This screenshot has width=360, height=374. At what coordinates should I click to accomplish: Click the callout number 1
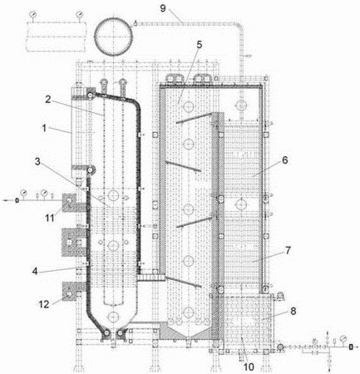click(x=44, y=128)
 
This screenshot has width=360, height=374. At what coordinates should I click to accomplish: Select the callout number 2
click(x=48, y=100)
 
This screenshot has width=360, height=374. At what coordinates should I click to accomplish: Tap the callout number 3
click(x=38, y=162)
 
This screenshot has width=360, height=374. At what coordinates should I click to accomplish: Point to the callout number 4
click(x=35, y=271)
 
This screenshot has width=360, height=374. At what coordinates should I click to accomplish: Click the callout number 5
click(x=200, y=46)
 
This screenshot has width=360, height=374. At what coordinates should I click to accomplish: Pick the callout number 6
click(x=285, y=160)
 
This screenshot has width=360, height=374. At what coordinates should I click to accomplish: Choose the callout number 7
click(x=288, y=250)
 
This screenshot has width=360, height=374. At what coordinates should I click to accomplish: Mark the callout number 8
click(x=293, y=311)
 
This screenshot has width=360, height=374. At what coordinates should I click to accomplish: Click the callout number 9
click(x=163, y=8)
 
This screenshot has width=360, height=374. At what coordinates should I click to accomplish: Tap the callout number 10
click(x=249, y=367)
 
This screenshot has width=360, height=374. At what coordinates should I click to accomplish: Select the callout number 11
click(x=50, y=219)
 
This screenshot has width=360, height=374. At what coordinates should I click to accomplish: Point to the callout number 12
click(x=44, y=304)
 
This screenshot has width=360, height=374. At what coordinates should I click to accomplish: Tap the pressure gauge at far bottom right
click(x=343, y=338)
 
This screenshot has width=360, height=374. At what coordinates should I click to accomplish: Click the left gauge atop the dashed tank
click(x=33, y=13)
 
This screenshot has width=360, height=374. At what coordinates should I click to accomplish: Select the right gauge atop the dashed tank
click(x=79, y=13)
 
